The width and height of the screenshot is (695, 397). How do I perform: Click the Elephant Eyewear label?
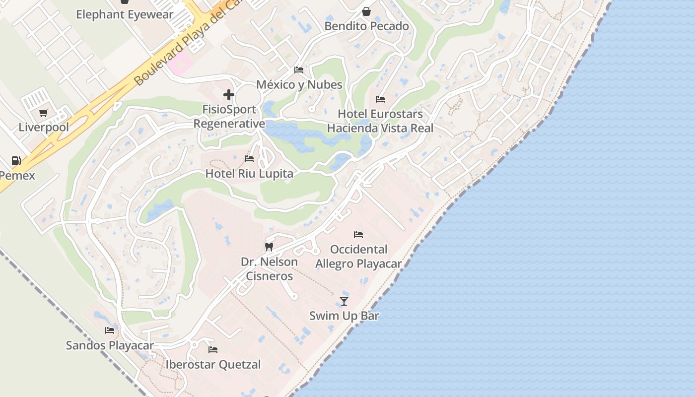(125, 14)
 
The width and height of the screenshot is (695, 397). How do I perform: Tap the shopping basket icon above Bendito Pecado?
(366, 11)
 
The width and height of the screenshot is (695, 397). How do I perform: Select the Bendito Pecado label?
(366, 26)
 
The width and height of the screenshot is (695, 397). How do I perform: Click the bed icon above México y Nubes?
(299, 70)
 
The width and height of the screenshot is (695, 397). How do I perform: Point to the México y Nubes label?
(299, 85)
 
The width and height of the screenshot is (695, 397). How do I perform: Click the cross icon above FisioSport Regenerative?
(229, 94)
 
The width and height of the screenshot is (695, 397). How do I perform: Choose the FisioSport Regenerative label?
(229, 117)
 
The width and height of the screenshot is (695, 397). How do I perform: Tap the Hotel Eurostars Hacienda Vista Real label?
(380, 121)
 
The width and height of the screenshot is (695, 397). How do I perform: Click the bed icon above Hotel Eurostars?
(380, 99)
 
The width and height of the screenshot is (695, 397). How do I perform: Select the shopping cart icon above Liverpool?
(44, 113)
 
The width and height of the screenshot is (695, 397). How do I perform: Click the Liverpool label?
(44, 127)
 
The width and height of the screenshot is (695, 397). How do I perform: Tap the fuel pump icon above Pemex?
(16, 161)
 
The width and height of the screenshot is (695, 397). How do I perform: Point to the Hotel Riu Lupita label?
(249, 174)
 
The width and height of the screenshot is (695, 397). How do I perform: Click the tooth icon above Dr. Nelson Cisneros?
(269, 247)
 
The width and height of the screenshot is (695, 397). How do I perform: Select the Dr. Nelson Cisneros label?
(269, 269)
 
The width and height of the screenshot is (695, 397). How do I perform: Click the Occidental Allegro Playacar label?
(358, 257)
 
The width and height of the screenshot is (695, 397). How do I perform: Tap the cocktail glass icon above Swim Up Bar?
(344, 301)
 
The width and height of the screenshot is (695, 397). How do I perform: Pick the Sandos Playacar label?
(110, 345)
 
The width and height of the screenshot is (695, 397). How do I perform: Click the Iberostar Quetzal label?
(213, 365)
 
